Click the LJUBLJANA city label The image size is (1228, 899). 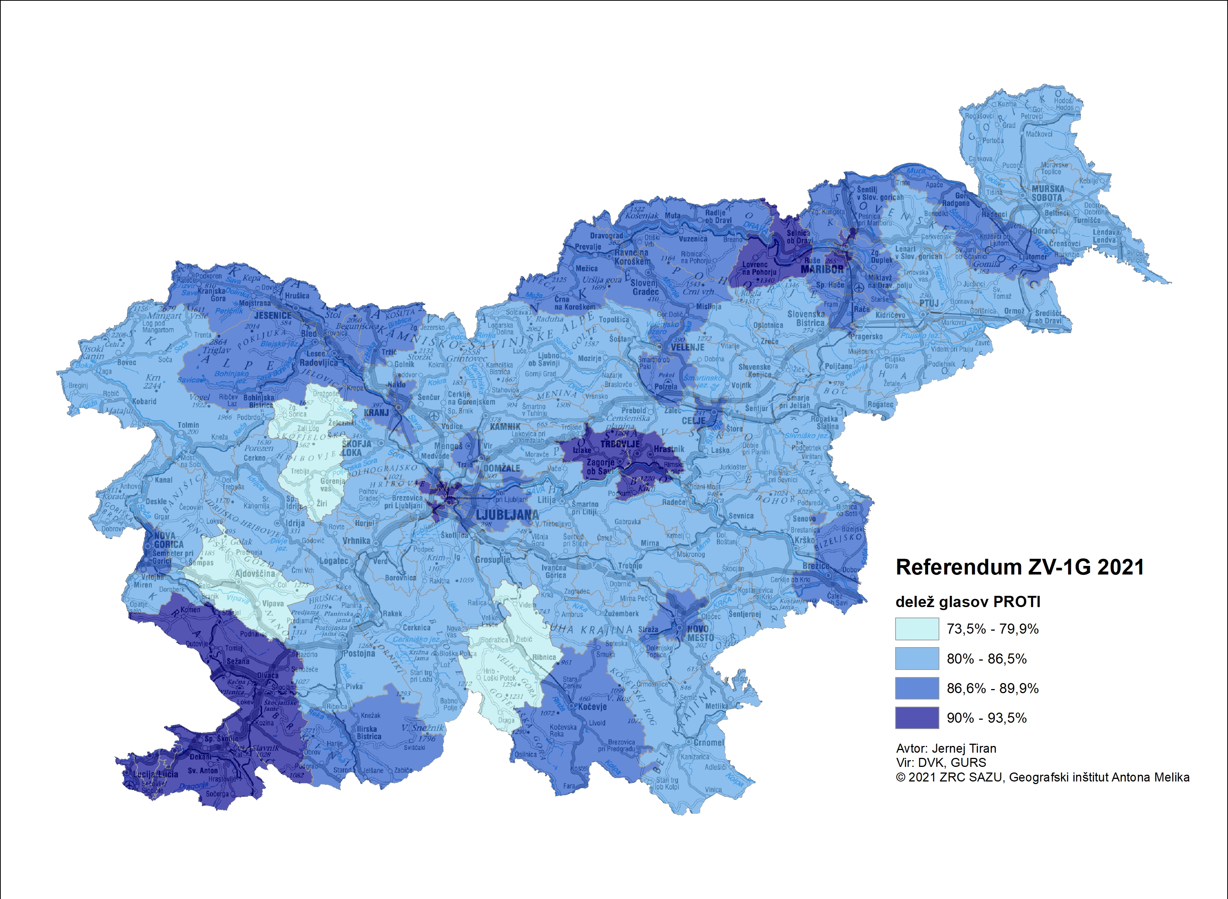pyautogui.click(x=507, y=514)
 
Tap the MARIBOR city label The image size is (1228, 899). pyautogui.click(x=822, y=269)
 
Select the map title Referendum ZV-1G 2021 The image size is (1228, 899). pyautogui.click(x=1019, y=567)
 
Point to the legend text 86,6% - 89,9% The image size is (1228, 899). pyautogui.click(x=992, y=688)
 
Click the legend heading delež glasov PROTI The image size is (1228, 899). pyautogui.click(x=968, y=602)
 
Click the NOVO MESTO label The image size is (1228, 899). pyautogui.click(x=699, y=633)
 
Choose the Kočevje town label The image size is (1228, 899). pyautogui.click(x=592, y=707)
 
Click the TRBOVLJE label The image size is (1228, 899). pyautogui.click(x=620, y=444)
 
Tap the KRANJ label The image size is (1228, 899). pyautogui.click(x=376, y=412)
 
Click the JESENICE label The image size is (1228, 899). pyautogui.click(x=272, y=316)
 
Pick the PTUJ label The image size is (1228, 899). pyautogui.click(x=929, y=303)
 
